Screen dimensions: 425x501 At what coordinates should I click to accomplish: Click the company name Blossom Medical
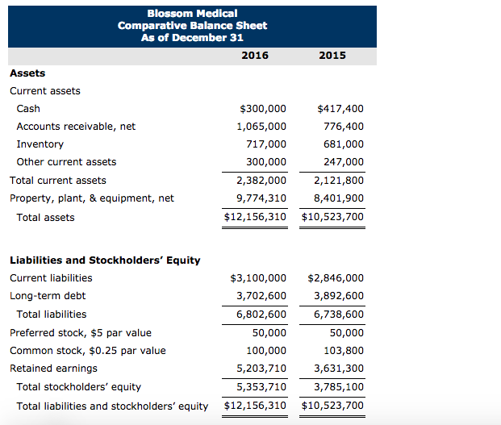pos(192,13)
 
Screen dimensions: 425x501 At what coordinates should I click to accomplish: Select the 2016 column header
pos(255,55)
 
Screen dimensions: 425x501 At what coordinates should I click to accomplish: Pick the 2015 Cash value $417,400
pos(340,108)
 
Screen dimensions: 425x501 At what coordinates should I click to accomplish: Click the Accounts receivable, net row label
pos(76,126)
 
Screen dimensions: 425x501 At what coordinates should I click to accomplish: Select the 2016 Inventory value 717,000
pos(266,144)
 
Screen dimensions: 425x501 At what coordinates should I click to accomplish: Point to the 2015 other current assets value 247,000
pos(344,162)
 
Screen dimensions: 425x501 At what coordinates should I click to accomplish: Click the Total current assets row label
pos(57,180)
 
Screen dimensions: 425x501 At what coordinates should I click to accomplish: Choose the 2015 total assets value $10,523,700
pos(332,217)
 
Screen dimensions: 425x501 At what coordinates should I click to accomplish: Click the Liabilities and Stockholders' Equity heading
pos(105,260)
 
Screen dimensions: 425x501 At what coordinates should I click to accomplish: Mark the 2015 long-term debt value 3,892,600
pos(338,296)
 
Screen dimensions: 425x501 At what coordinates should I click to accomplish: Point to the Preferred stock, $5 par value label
pos(80,332)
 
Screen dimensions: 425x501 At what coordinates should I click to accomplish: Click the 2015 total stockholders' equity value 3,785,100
pos(338,387)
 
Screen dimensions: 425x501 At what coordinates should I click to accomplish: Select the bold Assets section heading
pos(27,73)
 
